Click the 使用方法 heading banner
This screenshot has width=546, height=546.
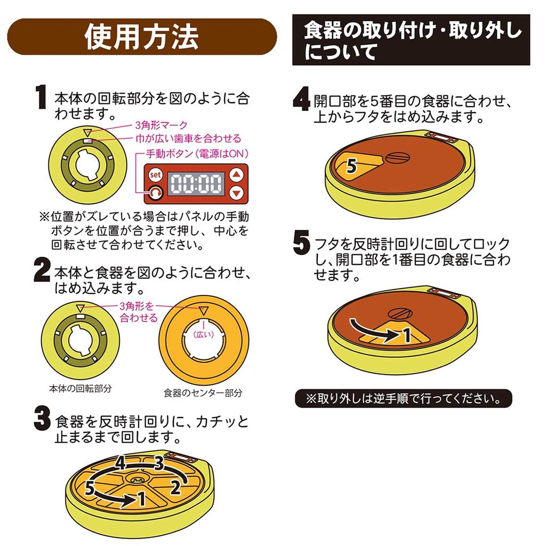point(142,37)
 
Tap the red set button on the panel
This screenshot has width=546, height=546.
point(155,175)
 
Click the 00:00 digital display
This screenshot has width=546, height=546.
point(196,183)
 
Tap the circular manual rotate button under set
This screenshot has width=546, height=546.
point(155,192)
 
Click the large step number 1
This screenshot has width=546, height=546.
point(41,97)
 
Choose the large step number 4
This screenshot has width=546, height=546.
point(302,99)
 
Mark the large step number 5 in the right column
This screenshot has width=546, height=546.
point(302,243)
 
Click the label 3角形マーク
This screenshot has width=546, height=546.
point(161,125)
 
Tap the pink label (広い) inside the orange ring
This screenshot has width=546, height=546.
point(204,335)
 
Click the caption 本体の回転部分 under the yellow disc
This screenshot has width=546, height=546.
point(81,388)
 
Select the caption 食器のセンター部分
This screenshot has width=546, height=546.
point(203,393)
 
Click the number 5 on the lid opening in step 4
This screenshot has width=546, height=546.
point(352,166)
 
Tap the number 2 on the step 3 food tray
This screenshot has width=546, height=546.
point(175,487)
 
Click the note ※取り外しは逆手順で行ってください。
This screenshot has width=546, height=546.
point(404,398)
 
